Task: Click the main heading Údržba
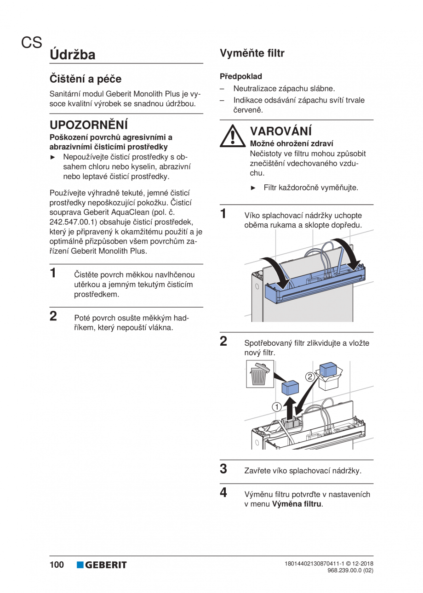pyautogui.click(x=73, y=55)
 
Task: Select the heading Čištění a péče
pyautogui.click(x=86, y=79)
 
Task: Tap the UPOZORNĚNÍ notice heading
pyautogui.click(x=88, y=125)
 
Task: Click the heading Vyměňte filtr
pyautogui.click(x=252, y=53)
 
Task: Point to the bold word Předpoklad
pyautogui.click(x=240, y=76)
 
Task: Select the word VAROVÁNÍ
pyautogui.click(x=280, y=131)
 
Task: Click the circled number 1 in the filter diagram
pyautogui.click(x=276, y=406)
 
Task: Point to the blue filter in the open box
pyautogui.click(x=328, y=370)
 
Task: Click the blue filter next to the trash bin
pyautogui.click(x=290, y=387)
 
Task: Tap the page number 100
pyautogui.click(x=57, y=564)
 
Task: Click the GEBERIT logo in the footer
pyautogui.click(x=102, y=565)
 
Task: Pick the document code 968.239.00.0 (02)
pyautogui.click(x=350, y=570)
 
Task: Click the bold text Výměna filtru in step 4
pyautogui.click(x=297, y=504)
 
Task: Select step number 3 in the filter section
pyautogui.click(x=223, y=469)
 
